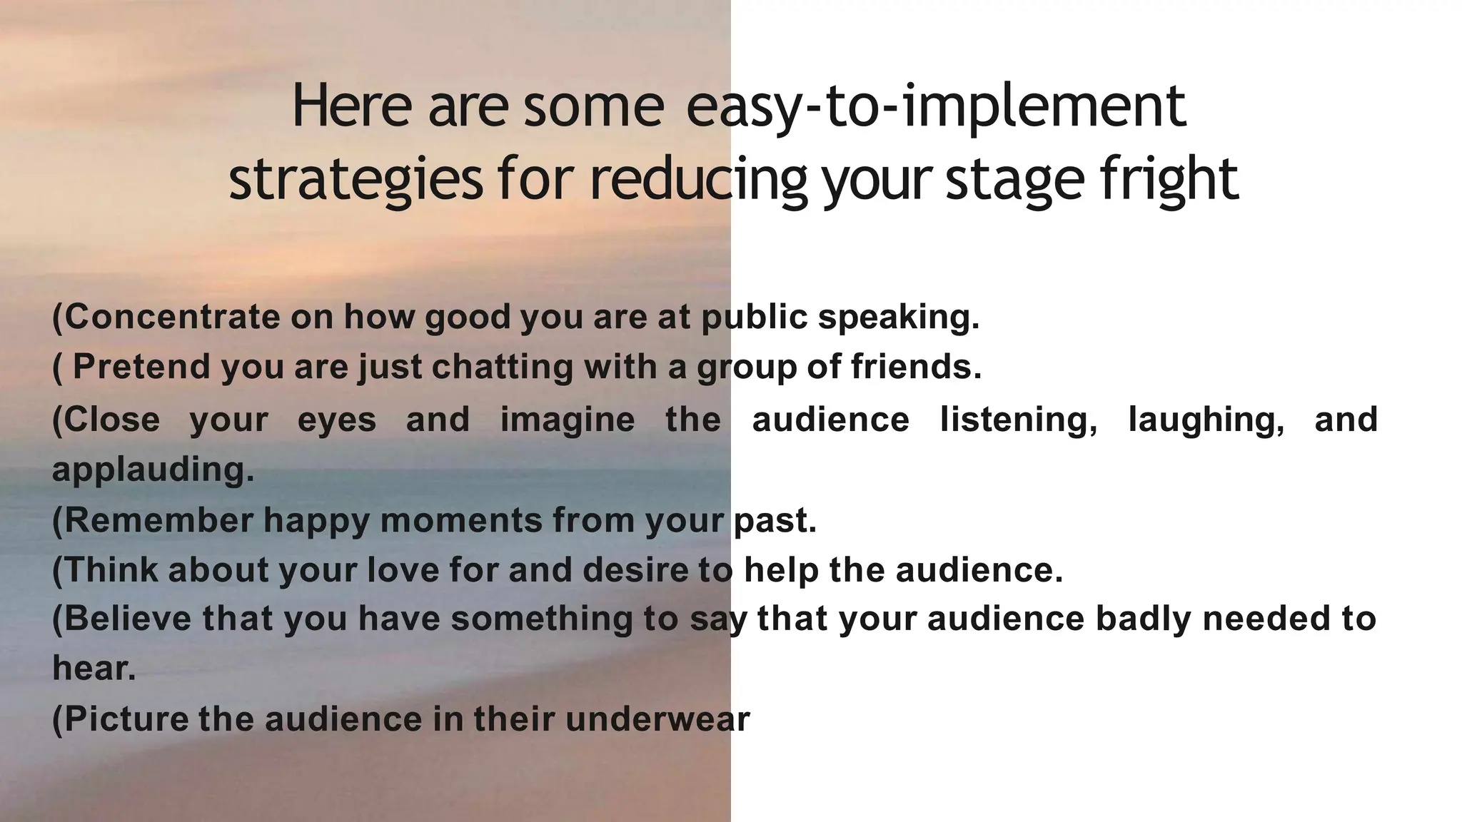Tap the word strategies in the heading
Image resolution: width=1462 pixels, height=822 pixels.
pyautogui.click(x=356, y=180)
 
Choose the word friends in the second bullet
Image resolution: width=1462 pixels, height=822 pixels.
pyautogui.click(x=916, y=367)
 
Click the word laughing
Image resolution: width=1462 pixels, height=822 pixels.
pyautogui.click(x=1206, y=420)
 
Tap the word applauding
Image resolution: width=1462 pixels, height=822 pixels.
pyautogui.click(x=153, y=470)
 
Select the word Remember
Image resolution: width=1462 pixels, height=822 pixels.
pyautogui.click(x=158, y=520)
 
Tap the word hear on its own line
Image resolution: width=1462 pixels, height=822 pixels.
pyautogui.click(x=93, y=669)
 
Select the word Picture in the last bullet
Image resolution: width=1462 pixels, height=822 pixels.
pyautogui.click(x=129, y=719)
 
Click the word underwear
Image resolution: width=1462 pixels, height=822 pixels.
pyautogui.click(x=657, y=719)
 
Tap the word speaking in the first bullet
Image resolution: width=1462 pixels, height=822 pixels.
pyautogui.click(x=898, y=317)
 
